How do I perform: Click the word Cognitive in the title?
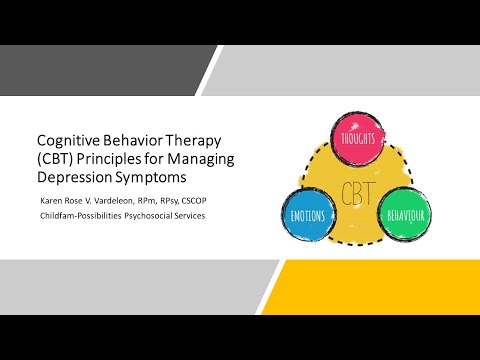[67, 141]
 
